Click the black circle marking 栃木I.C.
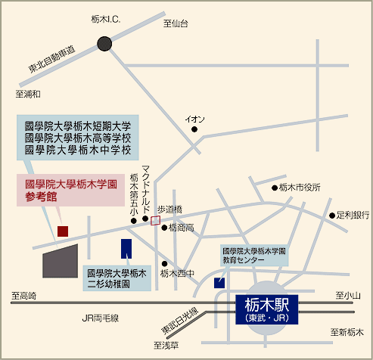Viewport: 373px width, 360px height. [104, 44]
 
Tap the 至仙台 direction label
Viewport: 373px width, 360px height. [176, 23]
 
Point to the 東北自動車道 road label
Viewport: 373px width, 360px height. [51, 59]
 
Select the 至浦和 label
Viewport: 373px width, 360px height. [28, 94]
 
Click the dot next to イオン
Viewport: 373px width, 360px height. [194, 129]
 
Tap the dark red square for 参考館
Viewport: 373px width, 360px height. [63, 231]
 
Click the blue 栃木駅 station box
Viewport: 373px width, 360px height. [267, 309]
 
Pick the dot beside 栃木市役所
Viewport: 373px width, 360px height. [275, 188]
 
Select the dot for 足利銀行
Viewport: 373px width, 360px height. [332, 216]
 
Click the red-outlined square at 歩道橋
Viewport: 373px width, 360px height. [155, 221]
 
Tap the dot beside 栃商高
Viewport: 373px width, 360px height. [164, 228]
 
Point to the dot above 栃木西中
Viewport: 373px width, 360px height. [164, 264]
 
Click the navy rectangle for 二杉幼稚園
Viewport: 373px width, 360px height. [126, 249]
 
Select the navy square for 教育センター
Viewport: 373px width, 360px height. [219, 283]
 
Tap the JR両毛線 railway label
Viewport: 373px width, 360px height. [101, 318]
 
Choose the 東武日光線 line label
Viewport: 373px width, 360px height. [179, 320]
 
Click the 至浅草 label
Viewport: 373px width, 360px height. [166, 345]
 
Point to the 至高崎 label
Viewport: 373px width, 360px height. [23, 296]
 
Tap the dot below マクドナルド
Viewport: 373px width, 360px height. [145, 219]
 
